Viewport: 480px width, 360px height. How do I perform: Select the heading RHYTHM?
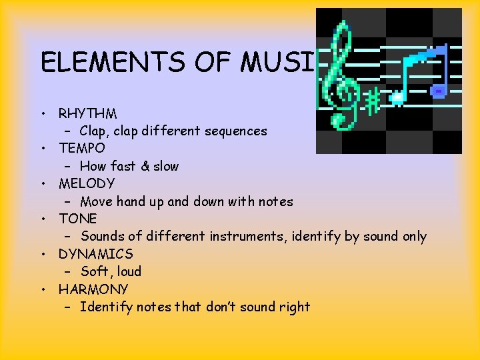click(x=87, y=113)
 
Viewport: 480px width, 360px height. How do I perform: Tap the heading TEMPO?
click(x=81, y=148)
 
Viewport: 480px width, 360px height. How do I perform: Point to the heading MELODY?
click(x=87, y=183)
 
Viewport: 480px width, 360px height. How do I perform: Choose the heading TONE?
click(x=77, y=219)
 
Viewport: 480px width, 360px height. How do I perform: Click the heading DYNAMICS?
click(x=95, y=254)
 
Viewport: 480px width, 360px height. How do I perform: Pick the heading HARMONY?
click(x=93, y=289)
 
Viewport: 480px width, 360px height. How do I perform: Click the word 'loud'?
click(x=129, y=271)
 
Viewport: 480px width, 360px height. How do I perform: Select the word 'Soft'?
click(x=94, y=271)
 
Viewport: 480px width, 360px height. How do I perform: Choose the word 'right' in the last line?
click(x=294, y=307)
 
